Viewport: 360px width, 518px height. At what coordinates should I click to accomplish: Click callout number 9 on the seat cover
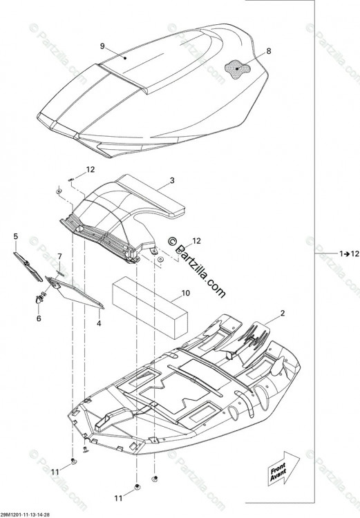coord(102,46)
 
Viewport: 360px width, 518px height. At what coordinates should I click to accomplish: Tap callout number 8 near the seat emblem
coord(268,51)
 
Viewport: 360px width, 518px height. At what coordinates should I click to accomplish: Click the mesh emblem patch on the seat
coord(237,69)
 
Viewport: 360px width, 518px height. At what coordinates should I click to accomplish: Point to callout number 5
coord(15,236)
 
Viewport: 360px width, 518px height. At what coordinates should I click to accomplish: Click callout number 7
coord(59,256)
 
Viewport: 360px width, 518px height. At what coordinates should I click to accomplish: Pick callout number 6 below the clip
coord(39,318)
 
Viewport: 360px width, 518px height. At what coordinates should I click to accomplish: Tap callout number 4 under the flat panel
coord(99,323)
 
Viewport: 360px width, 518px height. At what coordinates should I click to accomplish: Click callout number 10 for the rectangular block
coord(186,293)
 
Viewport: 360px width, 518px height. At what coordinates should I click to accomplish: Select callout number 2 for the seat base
coord(283,313)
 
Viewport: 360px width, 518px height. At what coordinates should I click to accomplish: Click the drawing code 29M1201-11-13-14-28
coord(25,515)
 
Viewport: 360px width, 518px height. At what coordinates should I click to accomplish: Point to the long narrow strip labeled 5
coord(28,267)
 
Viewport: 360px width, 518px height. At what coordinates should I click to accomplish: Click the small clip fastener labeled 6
coord(39,299)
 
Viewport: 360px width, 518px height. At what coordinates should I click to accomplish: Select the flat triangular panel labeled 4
coord(75,293)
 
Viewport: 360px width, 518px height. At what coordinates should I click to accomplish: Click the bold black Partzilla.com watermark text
coord(197,267)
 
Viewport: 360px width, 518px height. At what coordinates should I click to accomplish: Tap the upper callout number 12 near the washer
coord(91,169)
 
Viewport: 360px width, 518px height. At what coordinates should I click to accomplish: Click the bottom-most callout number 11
coord(118,498)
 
